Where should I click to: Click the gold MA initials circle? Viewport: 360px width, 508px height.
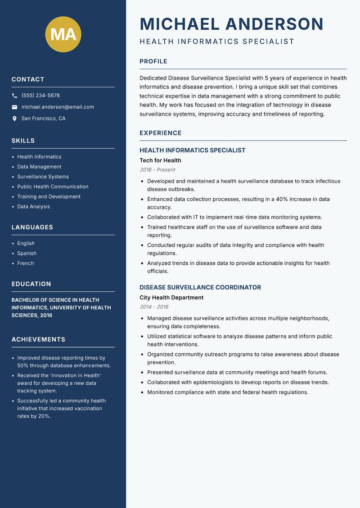pyautogui.click(x=63, y=35)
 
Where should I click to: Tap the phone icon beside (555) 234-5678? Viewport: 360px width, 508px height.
pyautogui.click(x=14, y=96)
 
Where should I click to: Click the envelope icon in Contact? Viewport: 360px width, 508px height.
pyautogui.click(x=14, y=107)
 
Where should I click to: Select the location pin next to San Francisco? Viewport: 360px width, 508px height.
pyautogui.click(x=14, y=119)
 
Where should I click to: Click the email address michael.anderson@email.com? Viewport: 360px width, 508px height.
pyautogui.click(x=58, y=107)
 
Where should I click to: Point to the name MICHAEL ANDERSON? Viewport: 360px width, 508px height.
pyautogui.click(x=231, y=24)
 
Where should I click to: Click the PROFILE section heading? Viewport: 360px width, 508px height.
pyautogui.click(x=153, y=62)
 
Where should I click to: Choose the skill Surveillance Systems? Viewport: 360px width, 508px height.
pyautogui.click(x=43, y=177)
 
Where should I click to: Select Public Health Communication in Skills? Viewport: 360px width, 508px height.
pyautogui.click(x=53, y=187)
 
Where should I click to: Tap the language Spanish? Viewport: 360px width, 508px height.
pyautogui.click(x=27, y=253)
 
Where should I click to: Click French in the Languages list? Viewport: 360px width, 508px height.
pyautogui.click(x=25, y=263)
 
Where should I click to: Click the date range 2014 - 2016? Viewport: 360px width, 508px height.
pyautogui.click(x=154, y=307)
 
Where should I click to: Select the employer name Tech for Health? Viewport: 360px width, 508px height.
pyautogui.click(x=160, y=160)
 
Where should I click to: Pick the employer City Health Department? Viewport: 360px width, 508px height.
pyautogui.click(x=171, y=298)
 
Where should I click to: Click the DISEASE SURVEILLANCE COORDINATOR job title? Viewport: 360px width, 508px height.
pyautogui.click(x=200, y=287)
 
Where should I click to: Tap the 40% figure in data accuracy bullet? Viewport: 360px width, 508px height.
pyautogui.click(x=270, y=199)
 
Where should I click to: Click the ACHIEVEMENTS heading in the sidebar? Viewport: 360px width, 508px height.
pyautogui.click(x=38, y=339)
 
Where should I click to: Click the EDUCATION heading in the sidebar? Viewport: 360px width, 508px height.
pyautogui.click(x=31, y=284)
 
